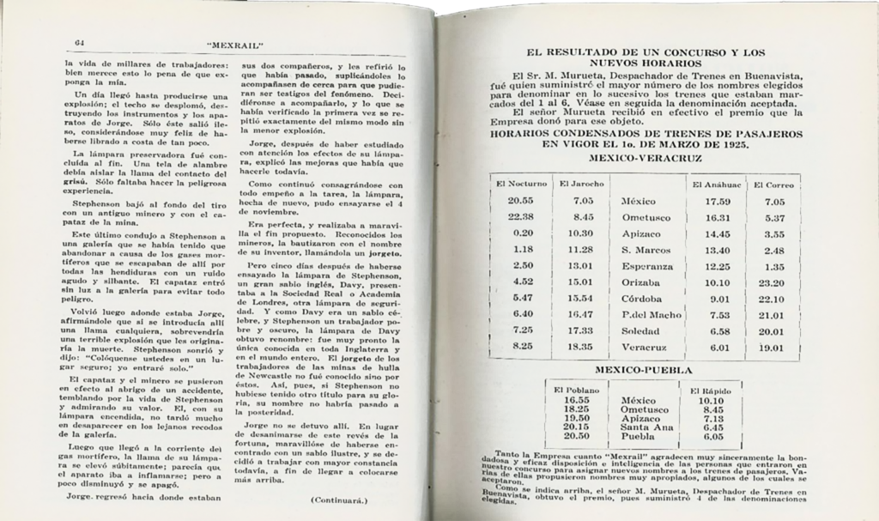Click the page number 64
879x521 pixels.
[x=77, y=43]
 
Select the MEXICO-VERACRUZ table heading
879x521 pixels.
[x=654, y=160]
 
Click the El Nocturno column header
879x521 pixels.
[x=520, y=184]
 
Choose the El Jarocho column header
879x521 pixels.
[x=582, y=184]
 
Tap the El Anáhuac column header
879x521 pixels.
[x=712, y=184]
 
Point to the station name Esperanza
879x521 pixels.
[x=648, y=266]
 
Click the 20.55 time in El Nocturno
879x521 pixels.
[x=520, y=202]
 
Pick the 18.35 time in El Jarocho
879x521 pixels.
[x=582, y=347]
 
